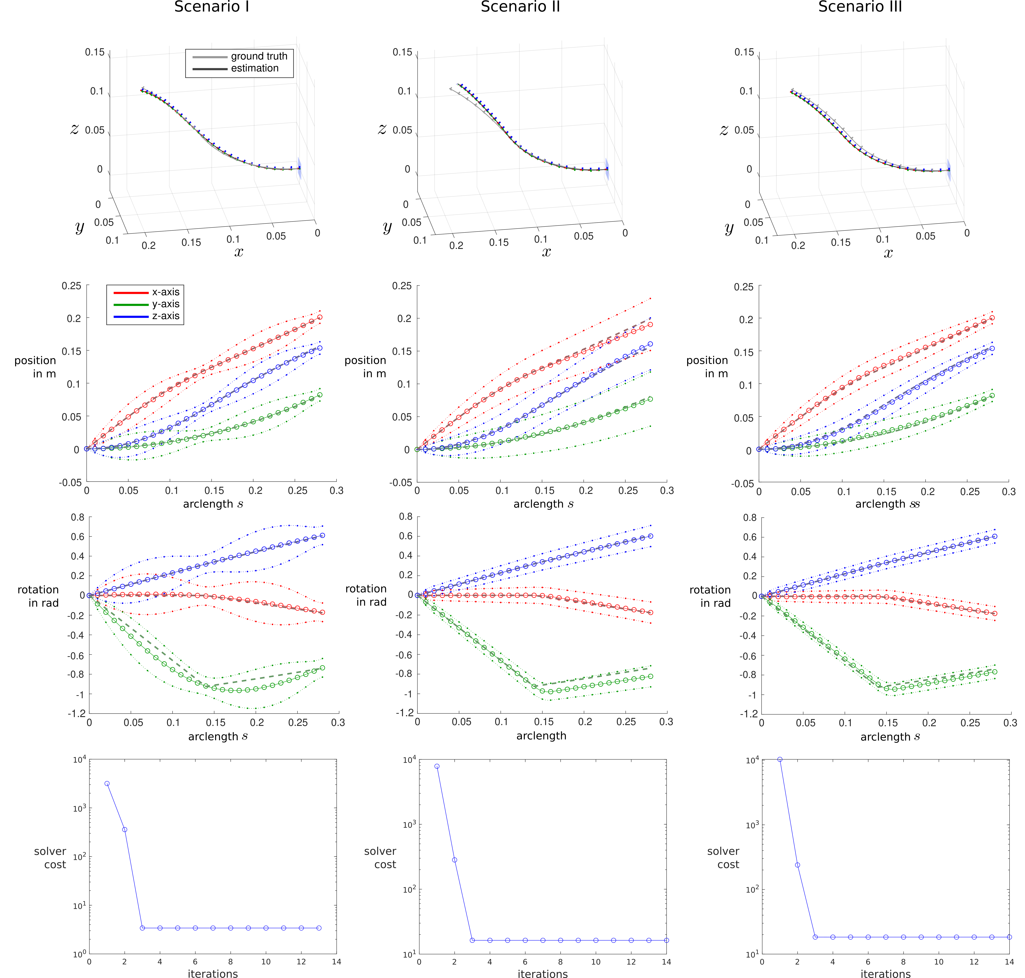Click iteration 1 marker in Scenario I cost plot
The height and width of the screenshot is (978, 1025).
107,784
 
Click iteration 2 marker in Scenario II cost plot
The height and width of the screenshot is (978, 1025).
454,860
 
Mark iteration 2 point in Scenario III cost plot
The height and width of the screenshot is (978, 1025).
797,865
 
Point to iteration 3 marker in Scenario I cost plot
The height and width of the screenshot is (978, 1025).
142,928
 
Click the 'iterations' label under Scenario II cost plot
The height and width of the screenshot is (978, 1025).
543,973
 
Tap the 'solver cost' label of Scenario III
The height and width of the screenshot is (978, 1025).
723,858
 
